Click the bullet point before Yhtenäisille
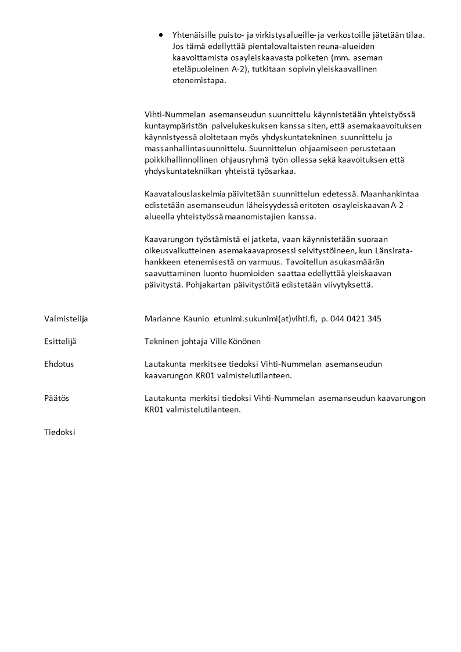(161, 35)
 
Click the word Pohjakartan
(208, 285)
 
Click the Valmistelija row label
(66, 318)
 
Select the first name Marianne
(164, 318)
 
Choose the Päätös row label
(57, 398)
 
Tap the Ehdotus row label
(59, 364)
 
